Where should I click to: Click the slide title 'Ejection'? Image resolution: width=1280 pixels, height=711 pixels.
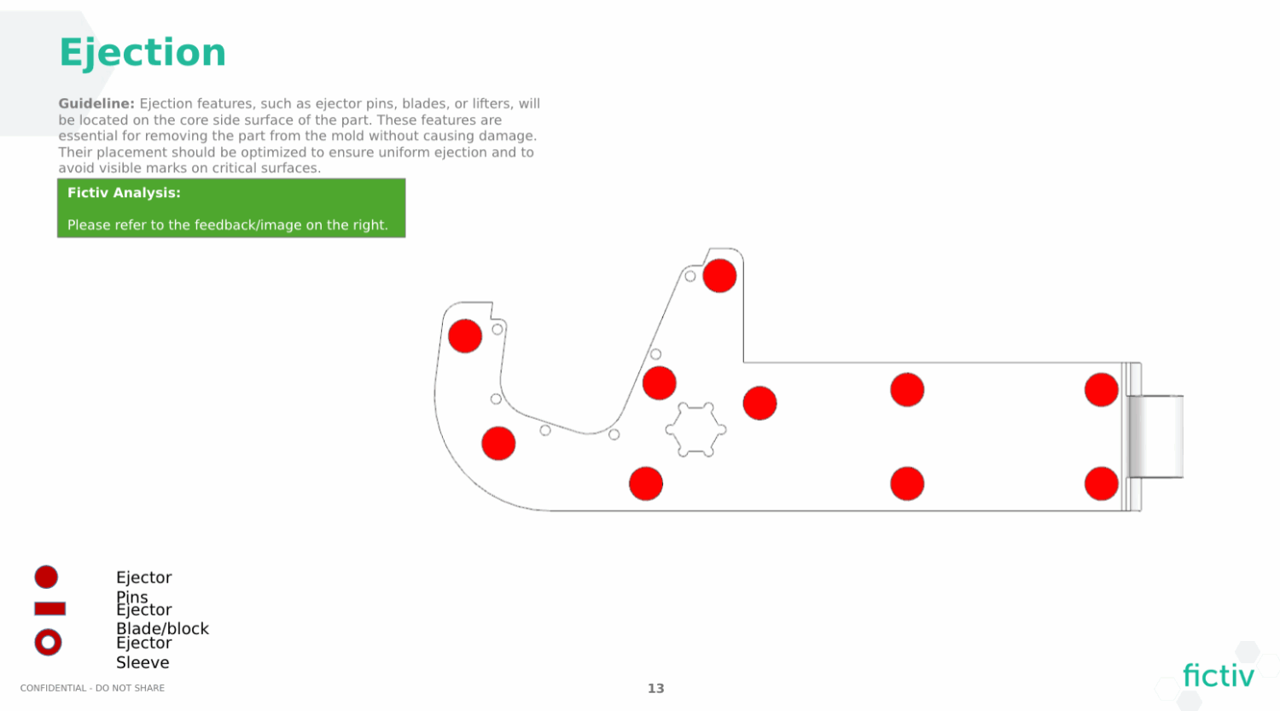coord(143,53)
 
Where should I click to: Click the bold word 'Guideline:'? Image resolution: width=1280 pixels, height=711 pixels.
coord(96,103)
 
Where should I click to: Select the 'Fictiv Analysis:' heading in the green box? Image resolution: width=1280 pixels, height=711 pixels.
coord(124,193)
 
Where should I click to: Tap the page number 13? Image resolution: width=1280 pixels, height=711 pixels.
coord(655,688)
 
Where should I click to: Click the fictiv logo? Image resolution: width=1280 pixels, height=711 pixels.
coord(1218,676)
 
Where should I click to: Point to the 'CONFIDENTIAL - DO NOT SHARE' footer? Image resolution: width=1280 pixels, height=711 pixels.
coord(92,688)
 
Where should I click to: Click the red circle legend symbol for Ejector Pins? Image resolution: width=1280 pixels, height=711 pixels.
coord(46,577)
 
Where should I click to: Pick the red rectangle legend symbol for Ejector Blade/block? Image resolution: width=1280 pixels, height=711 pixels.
coord(49,609)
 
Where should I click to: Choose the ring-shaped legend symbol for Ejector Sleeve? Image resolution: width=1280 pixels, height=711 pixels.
coord(48,642)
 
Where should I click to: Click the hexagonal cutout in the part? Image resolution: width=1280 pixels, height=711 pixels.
coord(695,429)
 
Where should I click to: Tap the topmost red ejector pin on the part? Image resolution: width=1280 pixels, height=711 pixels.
coord(719,276)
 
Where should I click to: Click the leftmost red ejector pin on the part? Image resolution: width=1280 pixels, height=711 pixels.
coord(465,336)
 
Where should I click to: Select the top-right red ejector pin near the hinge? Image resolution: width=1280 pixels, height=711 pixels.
coord(1101,390)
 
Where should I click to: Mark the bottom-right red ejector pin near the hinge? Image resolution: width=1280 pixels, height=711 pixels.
coord(1101,484)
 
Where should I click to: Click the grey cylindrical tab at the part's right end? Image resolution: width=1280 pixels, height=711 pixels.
coord(1156,436)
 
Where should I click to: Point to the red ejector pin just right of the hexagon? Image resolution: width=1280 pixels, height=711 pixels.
coord(759,403)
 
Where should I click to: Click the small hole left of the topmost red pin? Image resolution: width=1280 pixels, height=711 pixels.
coord(690,277)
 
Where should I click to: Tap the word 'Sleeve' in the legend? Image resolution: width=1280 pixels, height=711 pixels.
coord(143,662)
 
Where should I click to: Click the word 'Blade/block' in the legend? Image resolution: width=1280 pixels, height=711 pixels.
coord(162,628)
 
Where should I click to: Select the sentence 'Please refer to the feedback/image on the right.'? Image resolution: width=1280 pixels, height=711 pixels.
coord(228,225)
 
